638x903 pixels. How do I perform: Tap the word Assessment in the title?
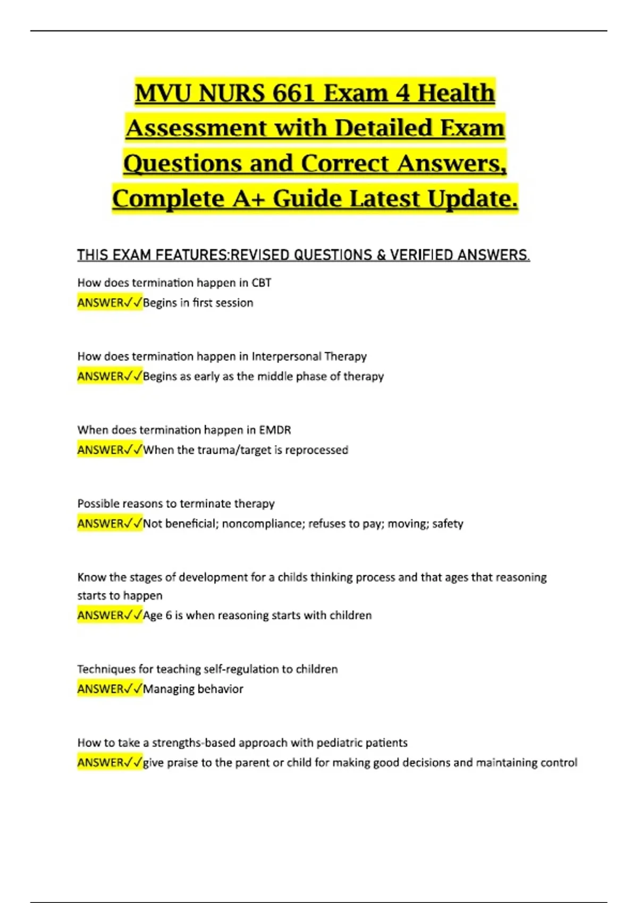tap(196, 128)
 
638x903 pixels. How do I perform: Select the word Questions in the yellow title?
tap(182, 163)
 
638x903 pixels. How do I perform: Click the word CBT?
tap(262, 283)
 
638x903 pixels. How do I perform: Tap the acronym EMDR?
tap(275, 430)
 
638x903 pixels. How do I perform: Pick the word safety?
tap(448, 524)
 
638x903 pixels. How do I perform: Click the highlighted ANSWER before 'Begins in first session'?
tap(100, 303)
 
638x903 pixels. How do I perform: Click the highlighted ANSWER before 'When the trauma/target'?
tap(100, 450)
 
